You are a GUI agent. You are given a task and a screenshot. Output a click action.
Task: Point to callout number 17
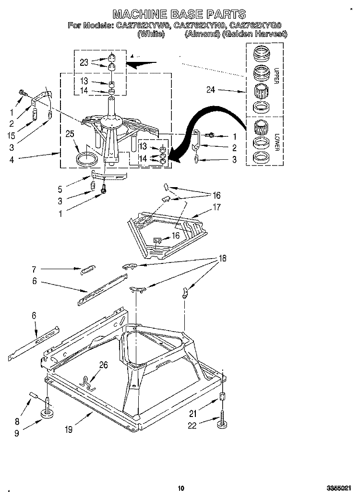click(x=216, y=208)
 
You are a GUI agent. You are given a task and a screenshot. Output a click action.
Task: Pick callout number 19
click(x=68, y=429)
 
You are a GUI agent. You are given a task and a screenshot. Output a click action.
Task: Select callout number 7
click(x=34, y=269)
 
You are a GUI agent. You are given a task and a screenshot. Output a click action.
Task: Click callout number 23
click(x=84, y=61)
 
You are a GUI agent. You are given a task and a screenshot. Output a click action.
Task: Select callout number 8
click(x=18, y=422)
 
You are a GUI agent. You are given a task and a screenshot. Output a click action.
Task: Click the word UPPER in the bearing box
click(x=276, y=76)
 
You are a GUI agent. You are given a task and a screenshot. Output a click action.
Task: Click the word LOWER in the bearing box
click(x=277, y=143)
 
